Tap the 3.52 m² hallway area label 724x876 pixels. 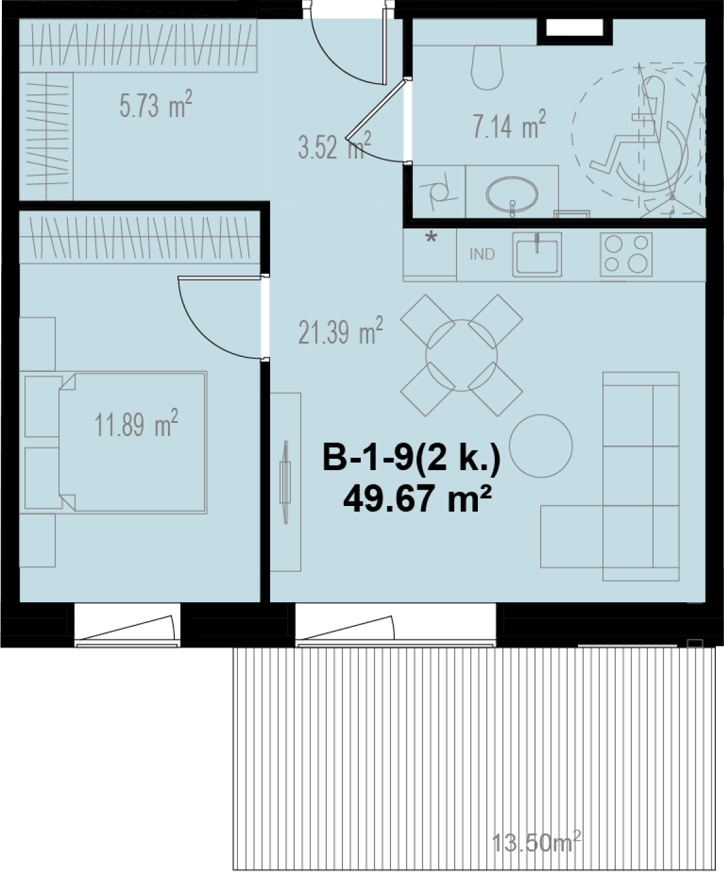pos(334,145)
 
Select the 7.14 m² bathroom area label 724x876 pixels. pos(509,124)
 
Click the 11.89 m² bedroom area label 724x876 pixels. pos(136,424)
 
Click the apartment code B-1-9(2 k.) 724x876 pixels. pos(411,458)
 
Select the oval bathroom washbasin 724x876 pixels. pos(512,194)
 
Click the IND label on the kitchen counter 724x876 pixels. pos(482,254)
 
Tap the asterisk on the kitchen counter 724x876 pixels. pos(431,239)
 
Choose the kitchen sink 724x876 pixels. pos(537,255)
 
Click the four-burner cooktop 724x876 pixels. pos(626,254)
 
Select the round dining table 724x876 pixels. pos(461,356)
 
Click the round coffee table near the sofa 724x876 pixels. pos(541,446)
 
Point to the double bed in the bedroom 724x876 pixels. pos(113,442)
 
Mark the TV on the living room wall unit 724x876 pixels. pos(286,482)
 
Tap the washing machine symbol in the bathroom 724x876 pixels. pos(439,192)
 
